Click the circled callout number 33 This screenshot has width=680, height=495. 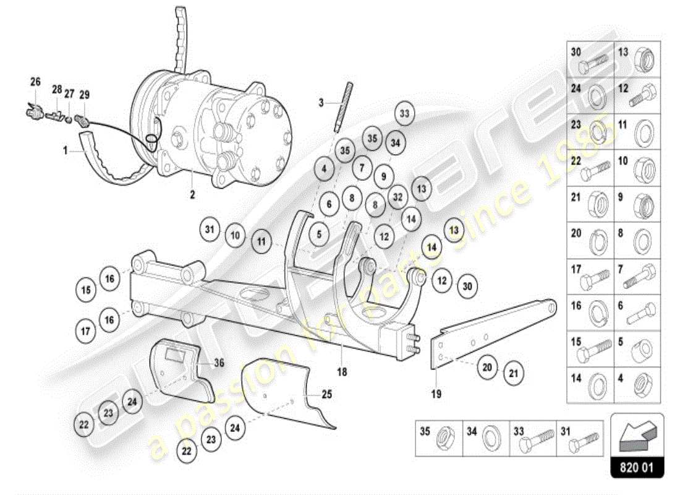click(x=404, y=113)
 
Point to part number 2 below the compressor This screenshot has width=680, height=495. click(x=192, y=194)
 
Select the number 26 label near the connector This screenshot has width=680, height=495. click(x=35, y=82)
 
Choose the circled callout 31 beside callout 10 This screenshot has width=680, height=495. click(x=210, y=230)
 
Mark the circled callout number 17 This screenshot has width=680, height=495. click(x=87, y=331)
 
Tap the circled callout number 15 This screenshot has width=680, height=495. click(x=87, y=289)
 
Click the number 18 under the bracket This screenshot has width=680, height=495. click(x=342, y=372)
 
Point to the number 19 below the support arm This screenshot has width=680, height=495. click(x=436, y=394)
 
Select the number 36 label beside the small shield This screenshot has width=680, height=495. click(x=219, y=363)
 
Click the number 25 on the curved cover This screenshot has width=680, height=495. click(x=326, y=393)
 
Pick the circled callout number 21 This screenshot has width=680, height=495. click(x=512, y=372)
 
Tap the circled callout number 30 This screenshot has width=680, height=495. click(x=467, y=286)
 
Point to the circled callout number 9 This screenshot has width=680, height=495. click(x=383, y=176)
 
